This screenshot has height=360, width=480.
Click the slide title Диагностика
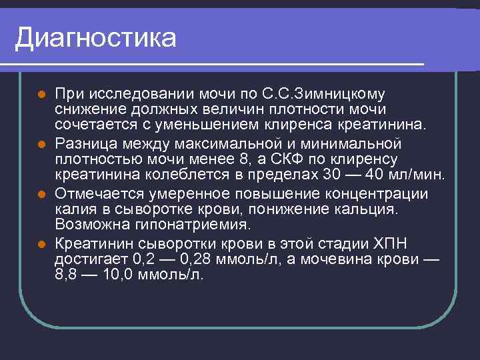[96, 38]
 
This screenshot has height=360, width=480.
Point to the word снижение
[86, 109]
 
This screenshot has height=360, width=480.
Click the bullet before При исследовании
[41, 93]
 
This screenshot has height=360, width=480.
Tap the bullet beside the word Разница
[41, 143]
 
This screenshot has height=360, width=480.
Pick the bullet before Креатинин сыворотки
[41, 243]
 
